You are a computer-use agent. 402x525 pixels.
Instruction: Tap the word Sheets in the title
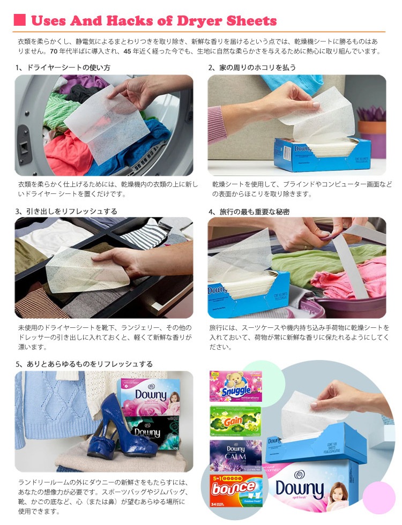(252, 21)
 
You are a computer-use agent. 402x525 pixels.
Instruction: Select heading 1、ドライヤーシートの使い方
(63, 67)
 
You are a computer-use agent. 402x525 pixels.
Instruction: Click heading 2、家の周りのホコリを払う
(252, 67)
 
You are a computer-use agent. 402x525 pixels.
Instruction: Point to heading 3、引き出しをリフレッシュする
(66, 212)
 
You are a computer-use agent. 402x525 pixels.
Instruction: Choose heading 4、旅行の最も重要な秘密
(249, 212)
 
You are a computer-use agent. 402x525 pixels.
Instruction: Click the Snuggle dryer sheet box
(235, 386)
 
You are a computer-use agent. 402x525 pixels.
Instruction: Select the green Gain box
(235, 420)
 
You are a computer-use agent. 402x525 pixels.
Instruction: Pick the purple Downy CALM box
(235, 454)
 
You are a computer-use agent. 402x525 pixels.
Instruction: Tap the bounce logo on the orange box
(233, 489)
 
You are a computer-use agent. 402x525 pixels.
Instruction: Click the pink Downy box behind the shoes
(148, 396)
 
